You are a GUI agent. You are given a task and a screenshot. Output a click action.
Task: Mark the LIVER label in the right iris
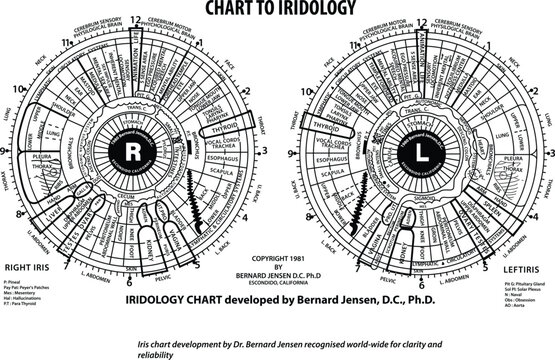pyautogui.click(x=33, y=186)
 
